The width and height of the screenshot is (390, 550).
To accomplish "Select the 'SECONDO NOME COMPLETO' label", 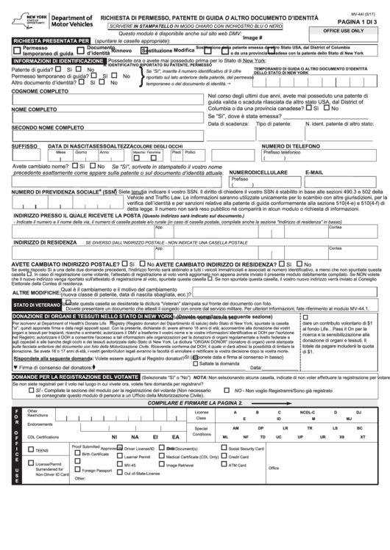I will [48, 128].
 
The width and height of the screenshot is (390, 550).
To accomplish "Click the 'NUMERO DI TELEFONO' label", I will [288, 146].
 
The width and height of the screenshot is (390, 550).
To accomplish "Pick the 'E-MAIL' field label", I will [314, 172].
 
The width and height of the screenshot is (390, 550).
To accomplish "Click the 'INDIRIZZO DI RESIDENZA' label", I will [44, 241].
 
